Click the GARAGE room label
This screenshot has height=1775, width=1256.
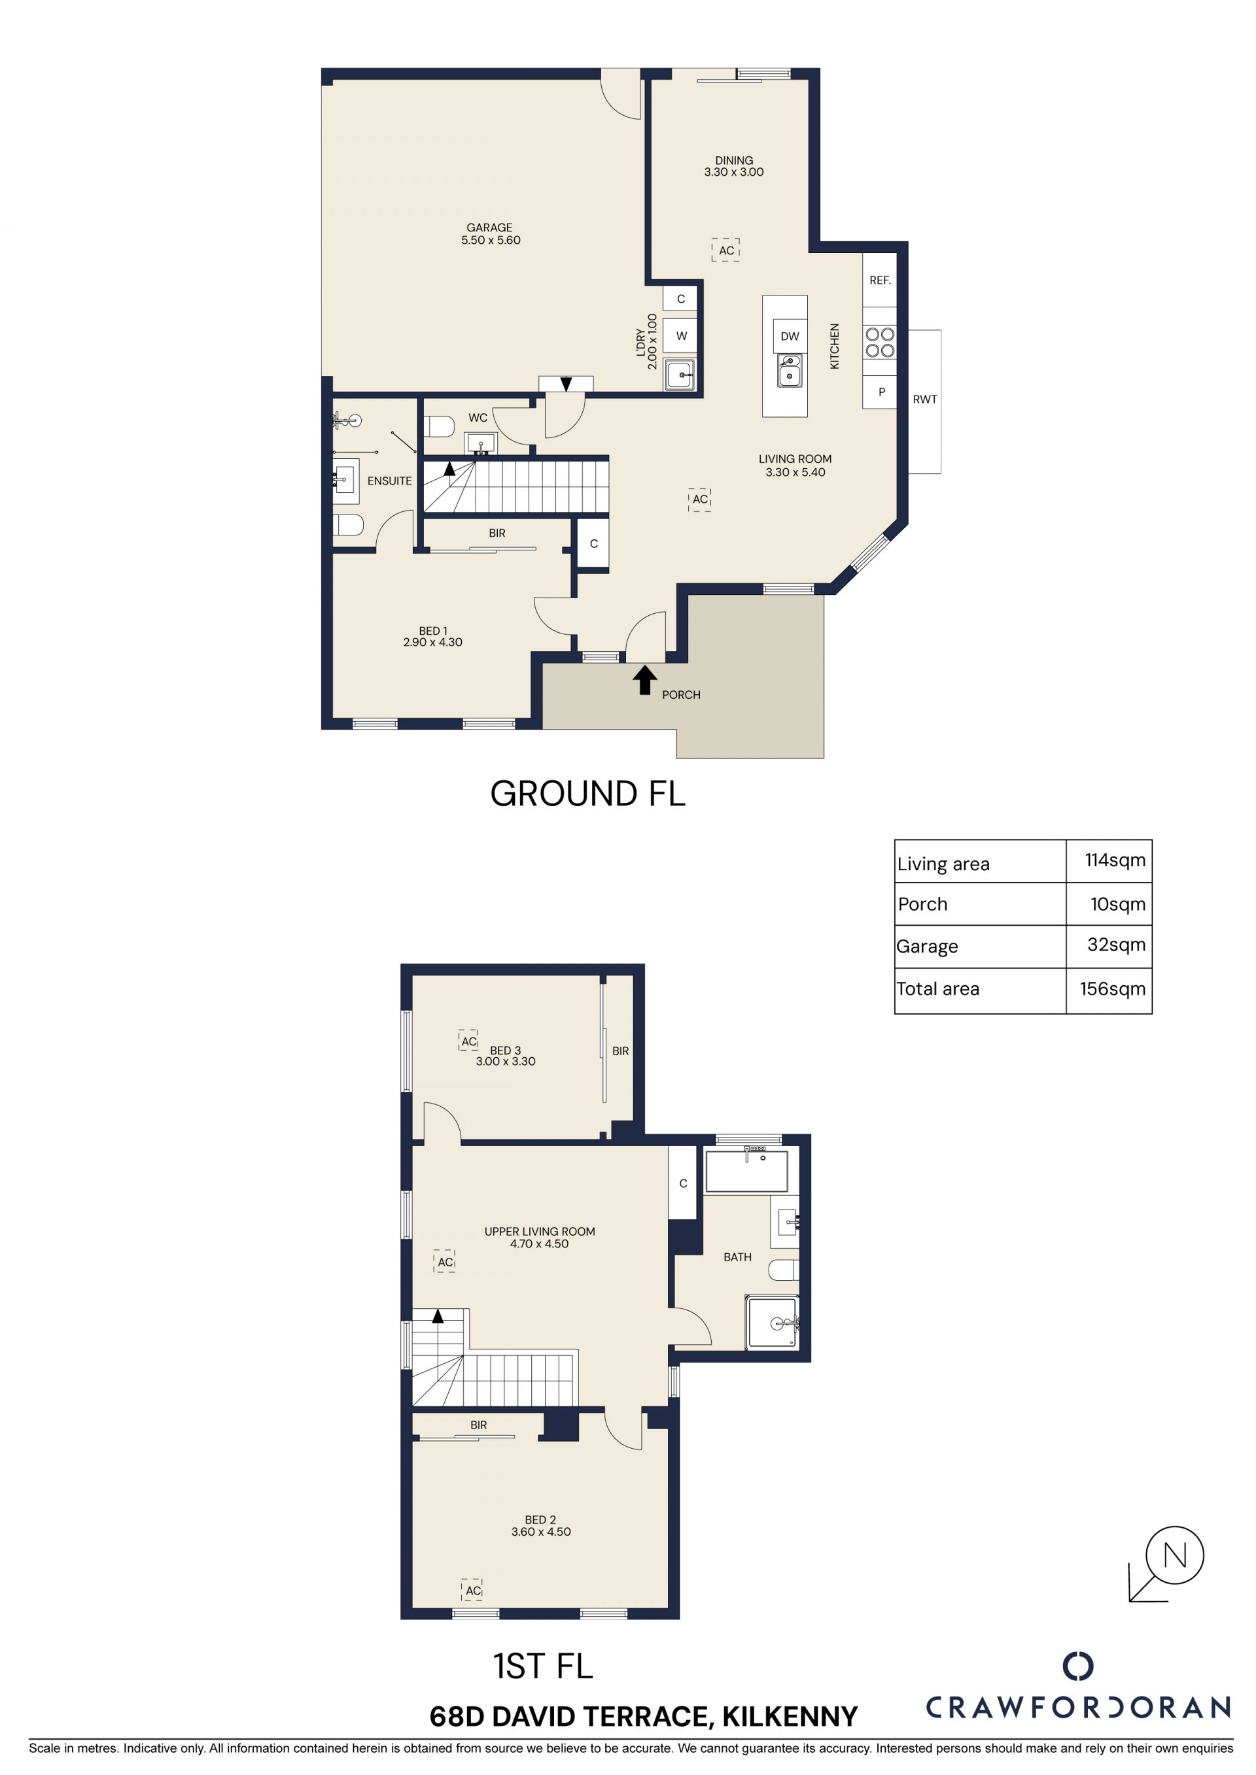491,233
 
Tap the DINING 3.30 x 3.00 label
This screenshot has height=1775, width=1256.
733,166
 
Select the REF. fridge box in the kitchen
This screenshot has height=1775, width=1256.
879,280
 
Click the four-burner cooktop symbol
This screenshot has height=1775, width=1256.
879,342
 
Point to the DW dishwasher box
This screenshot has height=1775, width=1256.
790,336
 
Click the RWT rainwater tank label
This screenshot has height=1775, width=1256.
924,399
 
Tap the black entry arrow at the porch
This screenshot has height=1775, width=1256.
644,681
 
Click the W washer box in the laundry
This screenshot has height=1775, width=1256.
680,336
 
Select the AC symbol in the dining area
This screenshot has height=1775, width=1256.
725,250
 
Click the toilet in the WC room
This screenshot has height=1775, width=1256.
440,427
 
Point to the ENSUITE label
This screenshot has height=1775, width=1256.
389,481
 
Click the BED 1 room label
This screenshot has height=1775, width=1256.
432,636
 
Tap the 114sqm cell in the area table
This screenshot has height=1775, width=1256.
1115,860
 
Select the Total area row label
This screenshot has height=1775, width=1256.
937,989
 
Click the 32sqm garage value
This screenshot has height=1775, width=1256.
1116,944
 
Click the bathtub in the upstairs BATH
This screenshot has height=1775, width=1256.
746,1171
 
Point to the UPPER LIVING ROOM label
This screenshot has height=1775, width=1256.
539,1237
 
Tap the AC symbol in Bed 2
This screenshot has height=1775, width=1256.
472,1584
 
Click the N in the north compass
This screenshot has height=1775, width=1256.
1174,1555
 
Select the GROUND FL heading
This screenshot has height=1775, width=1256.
588,794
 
